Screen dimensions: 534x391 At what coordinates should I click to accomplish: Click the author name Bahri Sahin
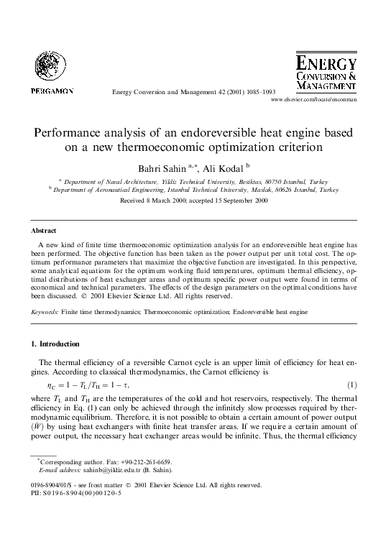click(155, 168)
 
